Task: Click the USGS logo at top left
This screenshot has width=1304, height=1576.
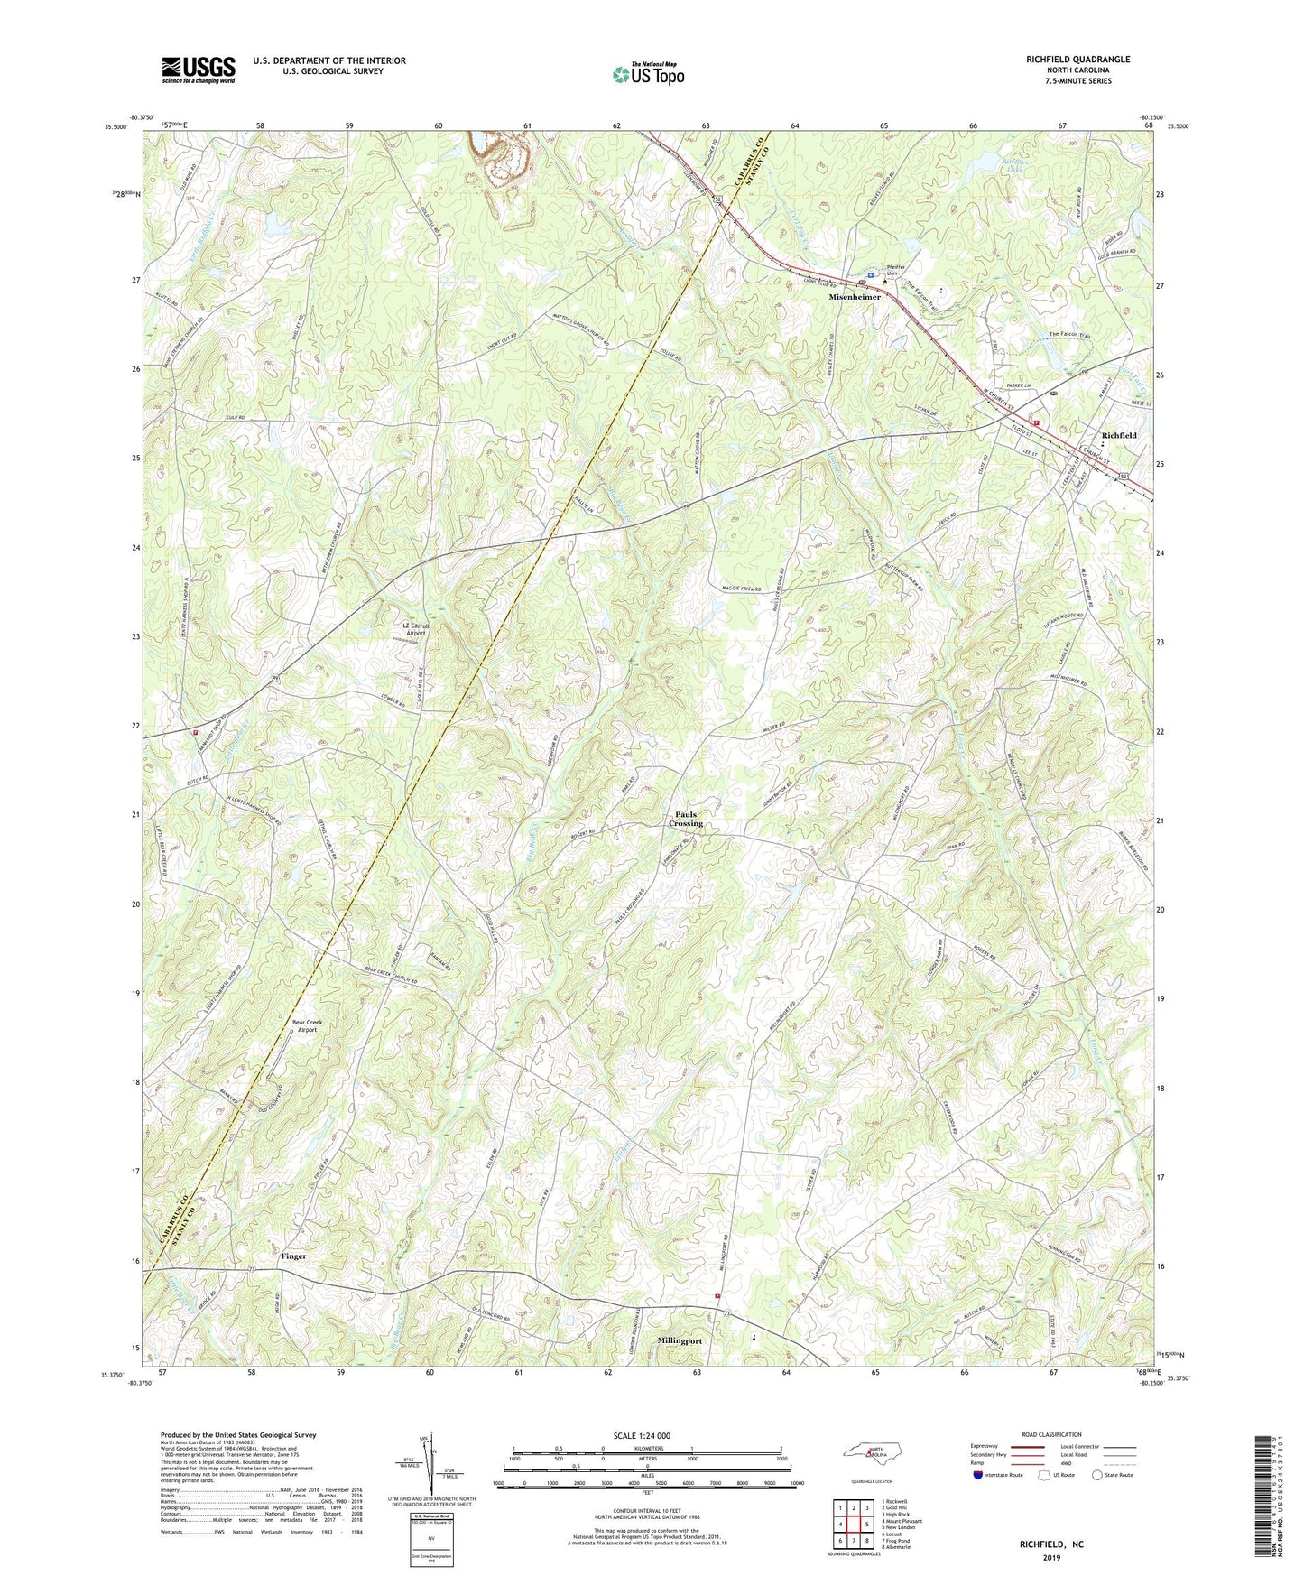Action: [199, 70]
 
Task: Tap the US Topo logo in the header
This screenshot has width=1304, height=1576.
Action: [648, 74]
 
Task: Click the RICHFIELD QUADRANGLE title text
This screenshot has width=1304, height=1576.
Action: [1077, 60]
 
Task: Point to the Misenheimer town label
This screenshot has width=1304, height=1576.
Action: [855, 297]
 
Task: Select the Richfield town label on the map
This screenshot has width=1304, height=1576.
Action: [1119, 435]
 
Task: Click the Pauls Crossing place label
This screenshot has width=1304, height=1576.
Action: [686, 819]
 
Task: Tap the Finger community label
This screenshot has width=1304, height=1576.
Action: [293, 1256]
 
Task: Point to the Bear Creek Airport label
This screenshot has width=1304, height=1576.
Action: [307, 1025]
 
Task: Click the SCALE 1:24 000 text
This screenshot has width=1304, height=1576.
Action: [642, 1435]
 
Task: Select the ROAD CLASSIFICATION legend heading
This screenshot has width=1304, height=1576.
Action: [1051, 1434]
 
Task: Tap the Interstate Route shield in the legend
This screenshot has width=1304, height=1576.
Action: [979, 1475]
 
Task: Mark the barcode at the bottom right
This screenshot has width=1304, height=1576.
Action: [1265, 1499]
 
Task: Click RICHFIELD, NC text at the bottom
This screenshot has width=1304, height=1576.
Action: [1051, 1544]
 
